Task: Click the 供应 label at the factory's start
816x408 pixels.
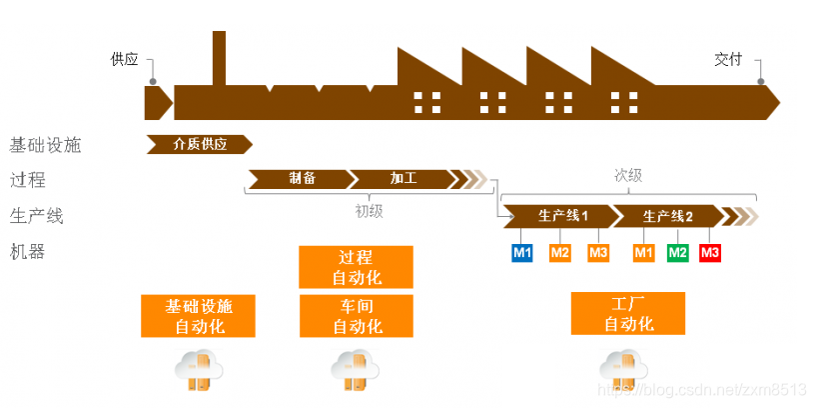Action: [124, 59]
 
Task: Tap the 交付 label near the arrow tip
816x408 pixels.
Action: [728, 59]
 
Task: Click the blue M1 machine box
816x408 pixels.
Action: [522, 252]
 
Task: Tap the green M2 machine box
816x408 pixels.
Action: [678, 252]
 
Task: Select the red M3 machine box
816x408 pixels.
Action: [710, 252]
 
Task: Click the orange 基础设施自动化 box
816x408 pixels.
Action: [200, 315]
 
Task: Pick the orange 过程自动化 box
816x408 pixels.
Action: [357, 267]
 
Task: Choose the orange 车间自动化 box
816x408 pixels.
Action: [357, 315]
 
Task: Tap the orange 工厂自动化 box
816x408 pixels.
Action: [628, 313]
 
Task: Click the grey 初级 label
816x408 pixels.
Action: [369, 211]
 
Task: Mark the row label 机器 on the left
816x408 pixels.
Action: [28, 252]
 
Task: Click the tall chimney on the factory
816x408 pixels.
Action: [219, 58]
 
